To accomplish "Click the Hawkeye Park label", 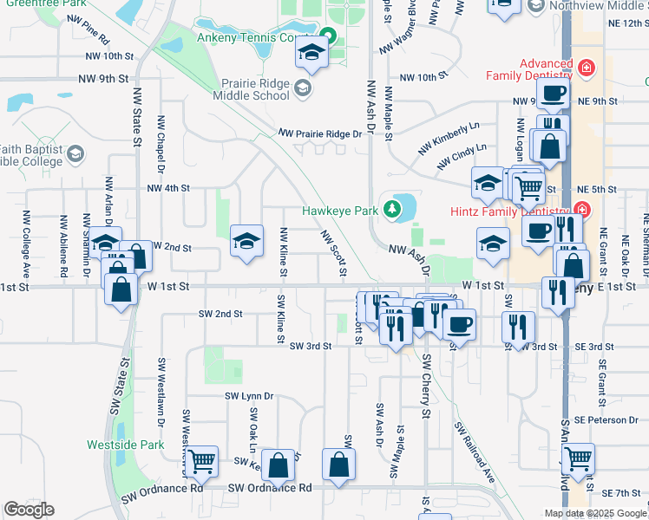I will (x=340, y=209).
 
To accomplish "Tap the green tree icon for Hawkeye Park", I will (x=392, y=209).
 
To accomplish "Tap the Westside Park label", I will (x=125, y=445).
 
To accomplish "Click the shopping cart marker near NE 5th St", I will (x=528, y=186).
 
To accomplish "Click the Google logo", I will (x=29, y=510).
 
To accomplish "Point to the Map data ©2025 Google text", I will (x=595, y=513).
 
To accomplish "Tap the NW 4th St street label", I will (x=168, y=188).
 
